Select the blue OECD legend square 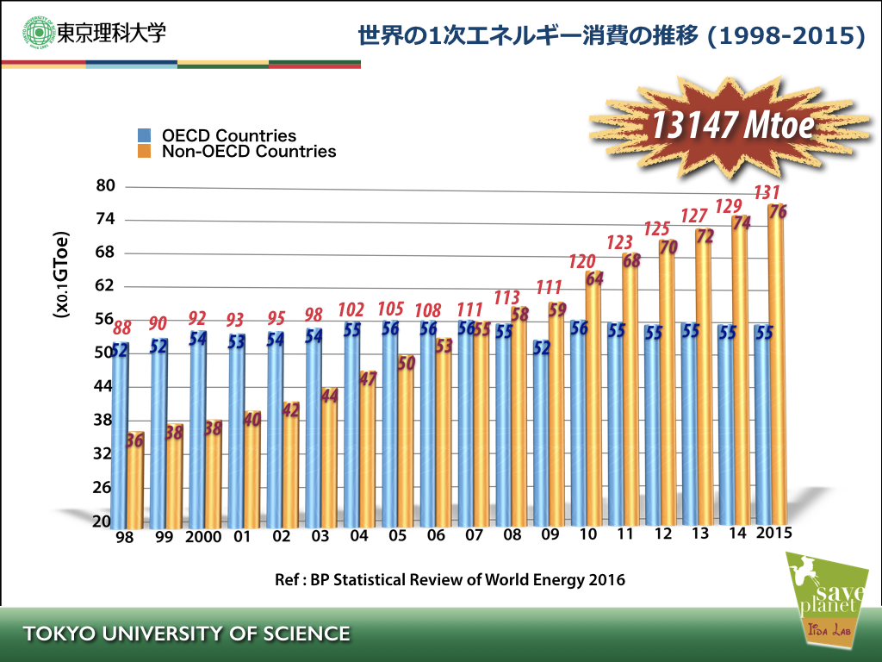click(145, 135)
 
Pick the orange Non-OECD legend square click(145, 152)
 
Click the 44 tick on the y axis click(103, 386)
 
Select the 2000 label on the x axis click(202, 536)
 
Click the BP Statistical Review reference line click(450, 579)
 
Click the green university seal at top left click(39, 34)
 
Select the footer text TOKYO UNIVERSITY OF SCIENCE click(187, 634)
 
